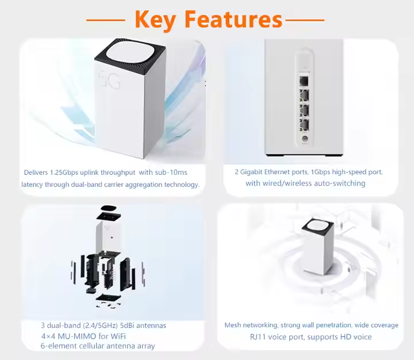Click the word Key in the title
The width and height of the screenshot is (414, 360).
click(155, 20)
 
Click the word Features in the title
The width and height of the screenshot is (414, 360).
click(233, 19)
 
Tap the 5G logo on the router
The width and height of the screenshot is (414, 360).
click(109, 79)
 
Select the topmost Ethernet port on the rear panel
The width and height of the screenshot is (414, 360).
click(304, 81)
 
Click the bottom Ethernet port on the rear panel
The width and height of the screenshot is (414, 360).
click(304, 125)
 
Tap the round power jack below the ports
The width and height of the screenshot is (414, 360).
click(305, 139)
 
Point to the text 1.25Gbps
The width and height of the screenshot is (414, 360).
click(64, 173)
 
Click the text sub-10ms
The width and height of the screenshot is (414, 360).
click(171, 173)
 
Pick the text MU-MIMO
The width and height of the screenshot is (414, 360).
click(77, 336)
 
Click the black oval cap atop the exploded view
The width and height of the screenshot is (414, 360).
click(109, 208)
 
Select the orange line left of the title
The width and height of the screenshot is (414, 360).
click(106, 20)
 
